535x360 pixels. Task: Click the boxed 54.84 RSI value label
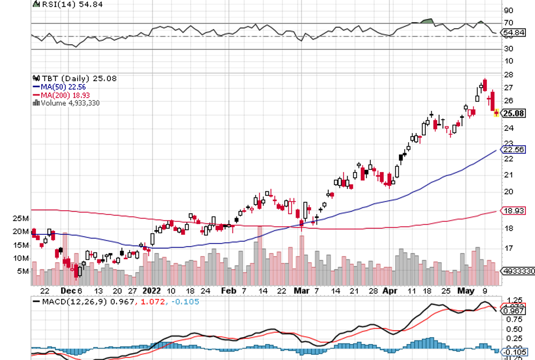[513, 33]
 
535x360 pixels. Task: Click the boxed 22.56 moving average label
[513, 150]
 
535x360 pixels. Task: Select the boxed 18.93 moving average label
[513, 211]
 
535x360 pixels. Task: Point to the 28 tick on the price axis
[508, 75]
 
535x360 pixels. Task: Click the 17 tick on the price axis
[508, 249]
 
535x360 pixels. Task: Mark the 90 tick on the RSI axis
[508, 10]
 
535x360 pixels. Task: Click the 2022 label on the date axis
[153, 290]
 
